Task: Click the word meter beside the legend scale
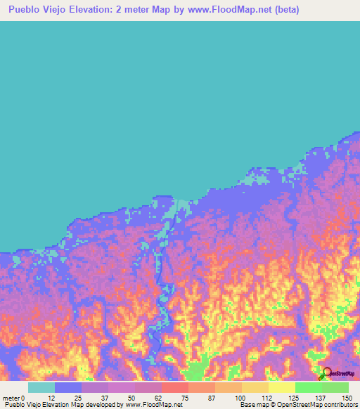point(11,397)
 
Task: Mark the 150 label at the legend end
point(345,397)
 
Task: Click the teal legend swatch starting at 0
point(41,387)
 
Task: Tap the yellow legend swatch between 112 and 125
point(281,387)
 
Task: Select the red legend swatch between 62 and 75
point(175,387)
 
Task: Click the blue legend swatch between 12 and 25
point(68,387)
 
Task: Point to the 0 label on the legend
point(24,397)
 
